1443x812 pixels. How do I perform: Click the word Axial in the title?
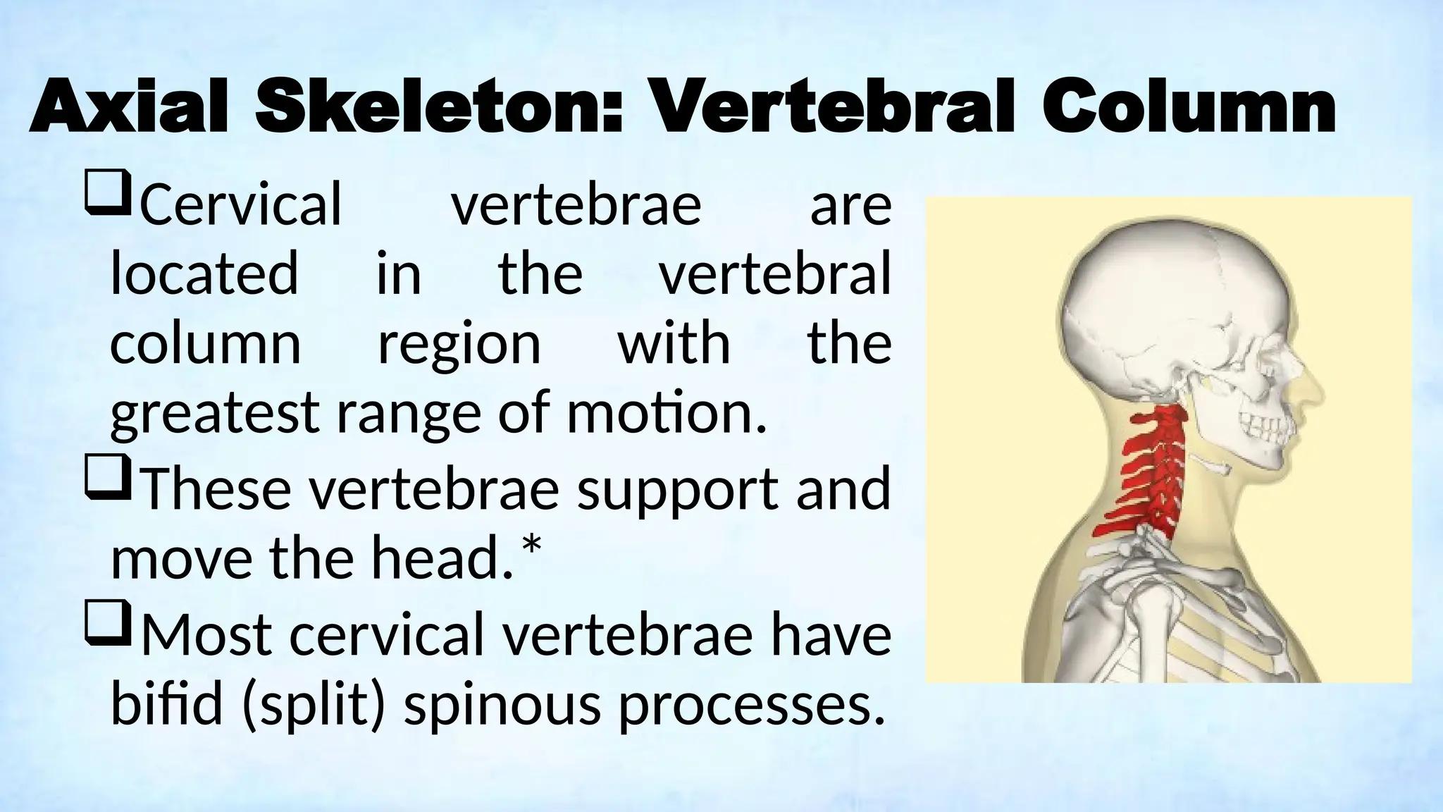click(x=128, y=109)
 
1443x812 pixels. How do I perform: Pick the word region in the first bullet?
click(x=459, y=345)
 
